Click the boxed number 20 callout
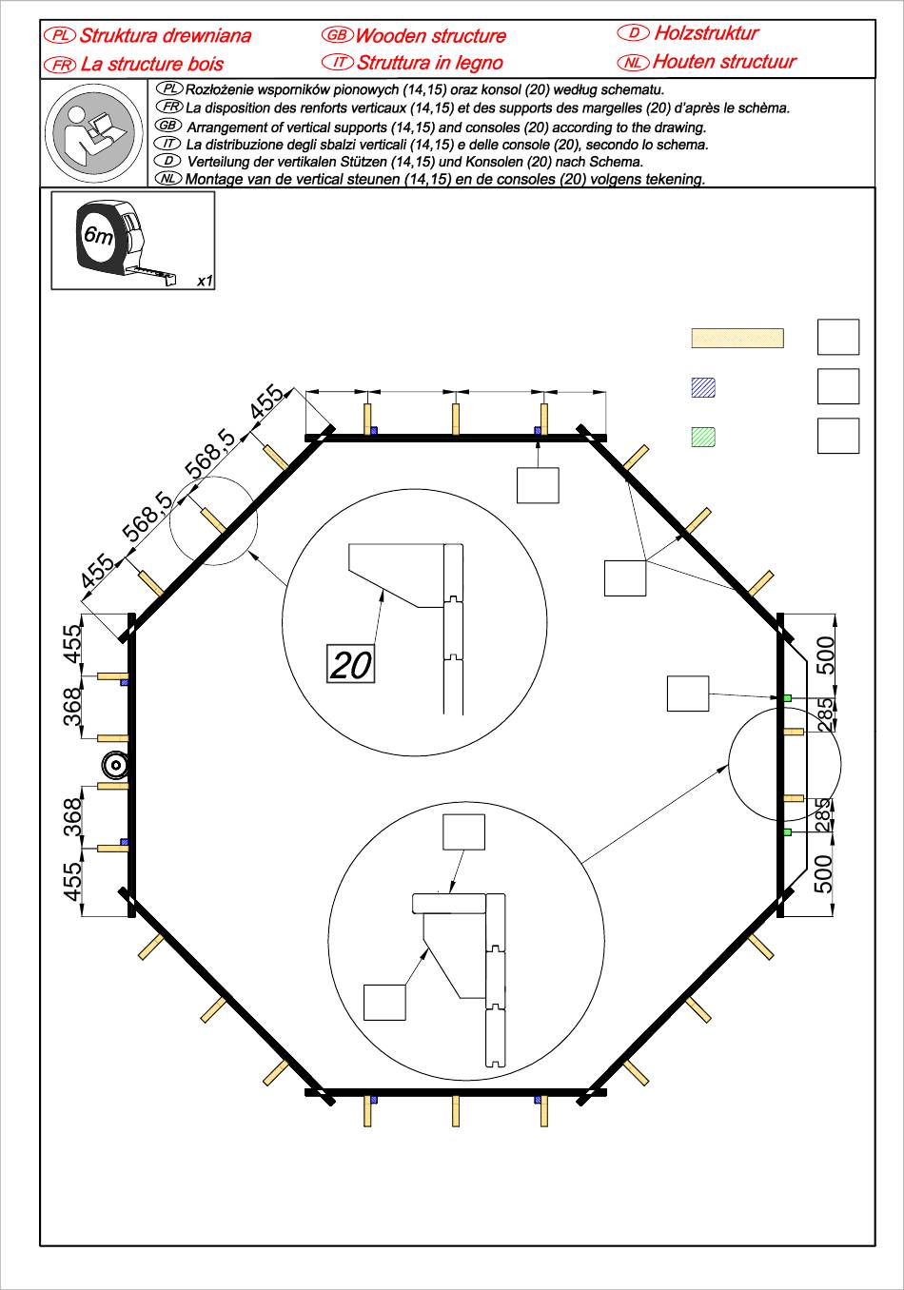(x=350, y=663)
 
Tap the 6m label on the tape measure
(x=99, y=234)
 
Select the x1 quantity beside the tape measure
(x=205, y=281)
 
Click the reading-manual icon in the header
(x=93, y=132)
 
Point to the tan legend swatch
(x=737, y=338)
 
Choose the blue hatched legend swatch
(x=703, y=387)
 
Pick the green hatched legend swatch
(x=703, y=437)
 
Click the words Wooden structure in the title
(x=430, y=36)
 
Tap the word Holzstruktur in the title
(x=706, y=33)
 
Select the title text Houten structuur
(x=724, y=62)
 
